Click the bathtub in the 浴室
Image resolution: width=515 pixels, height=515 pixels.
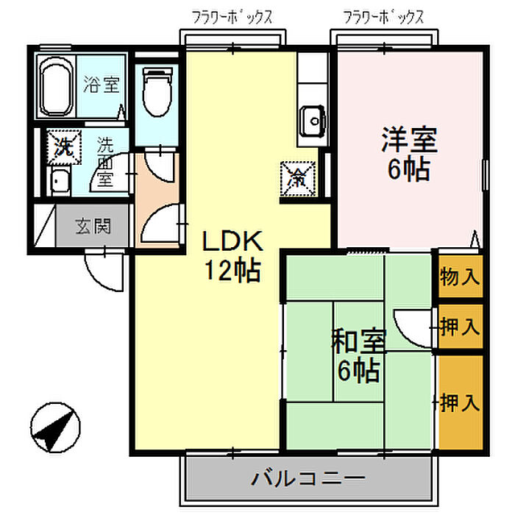pos(56,86)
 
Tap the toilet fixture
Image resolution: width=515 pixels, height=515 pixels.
pos(157,91)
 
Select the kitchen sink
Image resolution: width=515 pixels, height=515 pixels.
pos(313,121)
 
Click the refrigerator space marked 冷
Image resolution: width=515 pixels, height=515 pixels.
pos(298,179)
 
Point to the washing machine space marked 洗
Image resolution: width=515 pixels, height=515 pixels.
pos(64,147)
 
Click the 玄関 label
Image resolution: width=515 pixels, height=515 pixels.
pos(93,227)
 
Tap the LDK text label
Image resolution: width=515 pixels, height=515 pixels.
pos(232,241)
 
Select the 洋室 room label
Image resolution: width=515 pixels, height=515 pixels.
pos(409,140)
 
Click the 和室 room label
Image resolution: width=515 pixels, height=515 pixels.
pos(359,341)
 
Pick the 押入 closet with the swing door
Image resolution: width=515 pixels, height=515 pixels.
pos(461,327)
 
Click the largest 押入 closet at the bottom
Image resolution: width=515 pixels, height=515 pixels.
pos(461,402)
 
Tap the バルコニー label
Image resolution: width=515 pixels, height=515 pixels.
pos(308,478)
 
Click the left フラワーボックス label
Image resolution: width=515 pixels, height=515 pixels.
pos(232,18)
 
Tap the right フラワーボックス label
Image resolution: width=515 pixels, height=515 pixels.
pos(383,18)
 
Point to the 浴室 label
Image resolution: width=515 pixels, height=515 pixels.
pos(102,84)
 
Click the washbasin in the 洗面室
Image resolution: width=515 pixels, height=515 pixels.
pos(59,182)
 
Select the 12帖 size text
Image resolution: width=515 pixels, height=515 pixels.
pos(232,271)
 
